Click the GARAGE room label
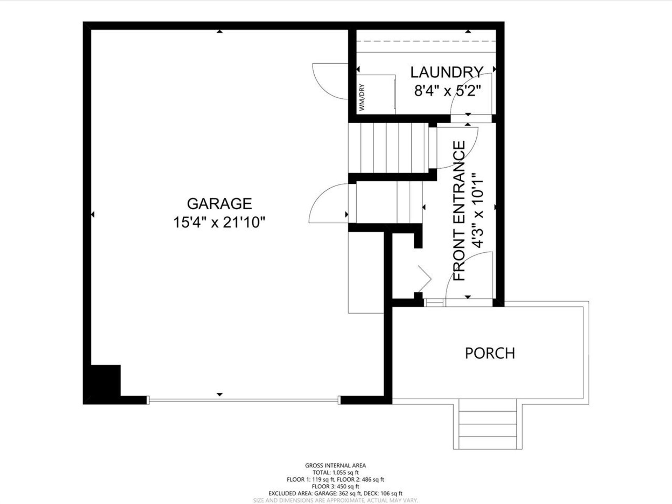coord(219,204)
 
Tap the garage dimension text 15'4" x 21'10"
coord(219,222)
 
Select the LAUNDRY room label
coord(447,72)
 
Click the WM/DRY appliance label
coord(362,97)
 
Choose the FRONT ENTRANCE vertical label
coord(459,211)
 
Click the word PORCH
coord(490,353)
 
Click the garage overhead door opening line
coord(244,400)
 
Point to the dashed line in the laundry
coord(426,41)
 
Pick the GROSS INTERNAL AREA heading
coord(335,465)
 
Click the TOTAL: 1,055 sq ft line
coord(335,472)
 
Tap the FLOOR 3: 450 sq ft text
coord(335,486)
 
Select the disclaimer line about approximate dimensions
coord(335,500)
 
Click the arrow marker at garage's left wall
coord(92,214)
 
